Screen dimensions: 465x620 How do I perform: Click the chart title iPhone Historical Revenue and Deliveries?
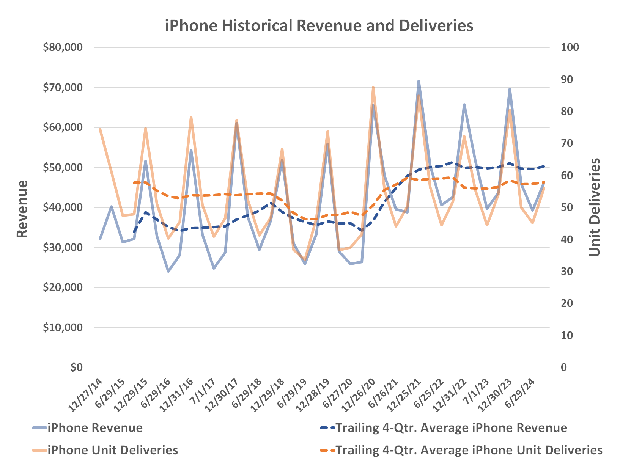click(319, 26)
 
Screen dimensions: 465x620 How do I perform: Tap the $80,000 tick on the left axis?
click(63, 47)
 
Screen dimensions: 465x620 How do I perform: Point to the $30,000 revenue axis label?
click(63, 247)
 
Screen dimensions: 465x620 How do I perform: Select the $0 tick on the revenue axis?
click(76, 367)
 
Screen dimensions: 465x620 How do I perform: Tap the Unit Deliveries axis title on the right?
click(595, 207)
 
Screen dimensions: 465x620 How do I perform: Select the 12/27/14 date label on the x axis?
click(86, 395)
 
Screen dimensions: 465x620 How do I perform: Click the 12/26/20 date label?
click(359, 395)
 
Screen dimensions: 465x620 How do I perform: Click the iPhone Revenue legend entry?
click(95, 428)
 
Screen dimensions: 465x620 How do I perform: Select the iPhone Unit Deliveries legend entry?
click(112, 450)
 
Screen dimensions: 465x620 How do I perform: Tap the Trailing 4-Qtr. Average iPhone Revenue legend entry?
click(451, 428)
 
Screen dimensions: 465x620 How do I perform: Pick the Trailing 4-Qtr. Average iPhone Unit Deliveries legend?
click(469, 450)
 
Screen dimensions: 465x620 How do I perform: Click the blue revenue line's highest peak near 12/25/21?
click(419, 81)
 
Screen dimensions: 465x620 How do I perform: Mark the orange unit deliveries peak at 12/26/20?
click(373, 88)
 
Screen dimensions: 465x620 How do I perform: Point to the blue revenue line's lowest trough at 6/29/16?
click(168, 271)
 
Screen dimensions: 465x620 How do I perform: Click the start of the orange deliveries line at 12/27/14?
click(100, 129)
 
